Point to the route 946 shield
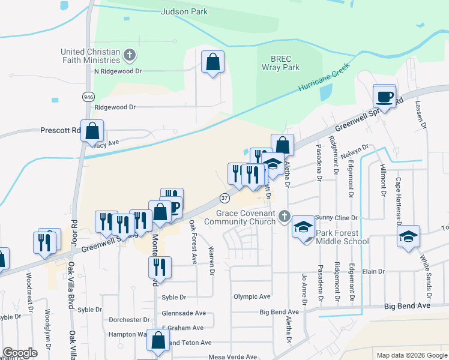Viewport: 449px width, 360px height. (89, 97)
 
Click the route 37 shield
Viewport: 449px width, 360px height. (224, 197)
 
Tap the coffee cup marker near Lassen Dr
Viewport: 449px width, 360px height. (384, 97)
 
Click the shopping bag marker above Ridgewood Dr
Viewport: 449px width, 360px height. (212, 62)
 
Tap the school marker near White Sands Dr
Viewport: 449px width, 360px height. (408, 237)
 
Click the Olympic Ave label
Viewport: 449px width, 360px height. (252, 296)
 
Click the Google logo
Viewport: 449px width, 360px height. (20, 352)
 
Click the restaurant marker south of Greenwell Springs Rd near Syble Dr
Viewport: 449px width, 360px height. (160, 267)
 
